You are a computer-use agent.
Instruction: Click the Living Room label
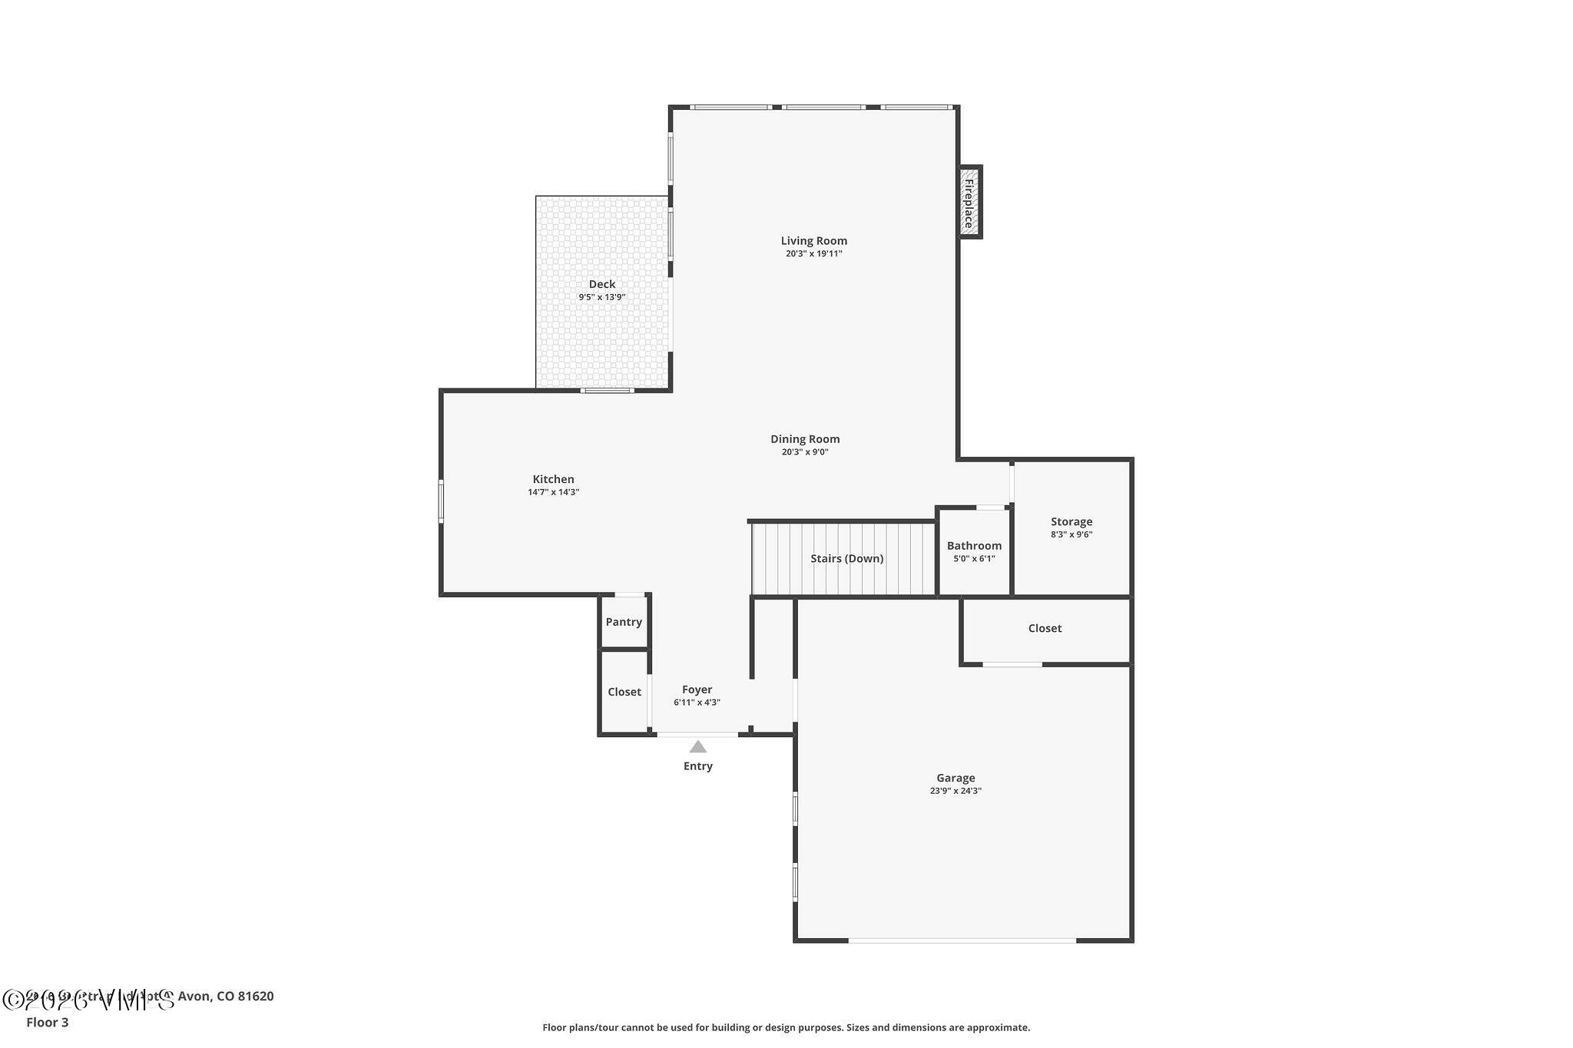pyautogui.click(x=813, y=240)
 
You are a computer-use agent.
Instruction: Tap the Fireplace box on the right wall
pyautogui.click(x=969, y=202)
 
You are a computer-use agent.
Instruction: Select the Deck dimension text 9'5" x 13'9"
pyautogui.click(x=601, y=297)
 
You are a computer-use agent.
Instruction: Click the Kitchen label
pyautogui.click(x=553, y=479)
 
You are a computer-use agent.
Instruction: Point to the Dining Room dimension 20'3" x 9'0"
pyautogui.click(x=805, y=452)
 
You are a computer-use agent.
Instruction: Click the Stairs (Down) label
pyautogui.click(x=846, y=558)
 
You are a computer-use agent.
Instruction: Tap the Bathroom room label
pyautogui.click(x=974, y=546)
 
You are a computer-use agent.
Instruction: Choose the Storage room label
pyautogui.click(x=1071, y=521)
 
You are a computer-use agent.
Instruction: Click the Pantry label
pyautogui.click(x=623, y=622)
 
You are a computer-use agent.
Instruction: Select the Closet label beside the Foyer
pyautogui.click(x=624, y=692)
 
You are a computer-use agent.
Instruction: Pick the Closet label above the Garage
pyautogui.click(x=1045, y=628)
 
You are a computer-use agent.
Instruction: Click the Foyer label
pyautogui.click(x=697, y=689)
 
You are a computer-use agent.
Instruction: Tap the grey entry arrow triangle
pyautogui.click(x=697, y=747)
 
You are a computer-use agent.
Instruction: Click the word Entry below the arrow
pyautogui.click(x=697, y=766)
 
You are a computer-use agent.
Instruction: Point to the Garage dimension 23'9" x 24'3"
pyautogui.click(x=955, y=791)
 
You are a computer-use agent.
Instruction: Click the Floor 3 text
pyautogui.click(x=47, y=1022)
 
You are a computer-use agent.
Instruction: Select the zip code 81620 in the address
pyautogui.click(x=256, y=997)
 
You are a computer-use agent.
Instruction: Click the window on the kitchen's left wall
pyautogui.click(x=441, y=501)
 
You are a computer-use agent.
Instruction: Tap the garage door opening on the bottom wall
pyautogui.click(x=962, y=940)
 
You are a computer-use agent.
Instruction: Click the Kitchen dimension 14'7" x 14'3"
pyautogui.click(x=553, y=492)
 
